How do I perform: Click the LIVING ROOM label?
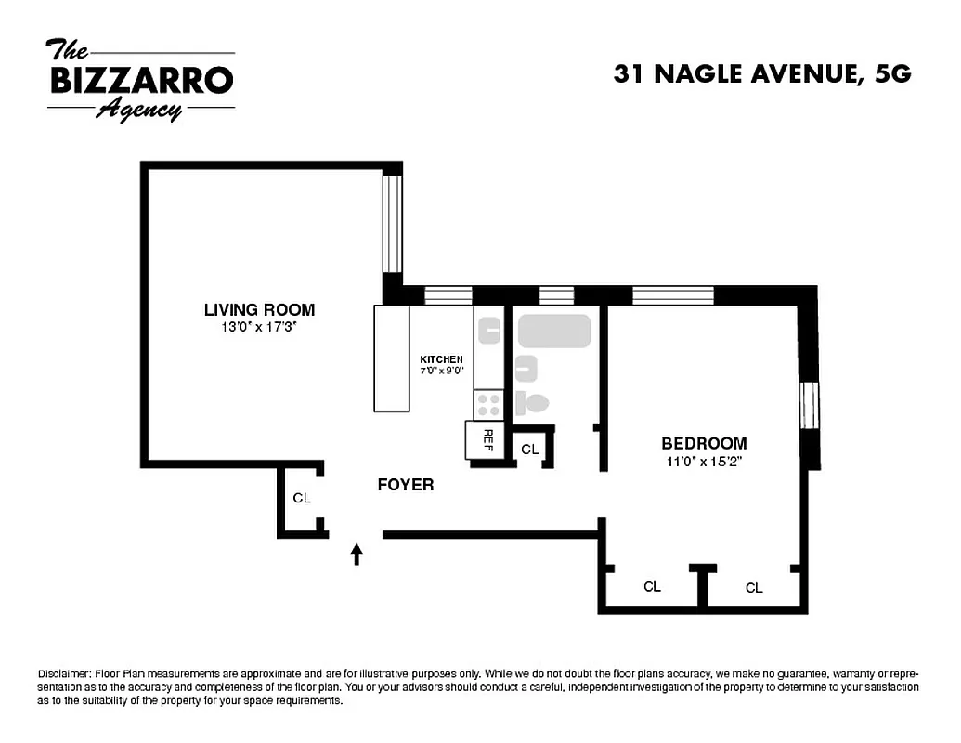[259, 310]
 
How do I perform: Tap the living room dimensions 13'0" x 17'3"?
[259, 327]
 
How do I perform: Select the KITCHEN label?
[441, 359]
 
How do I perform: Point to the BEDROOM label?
[703, 444]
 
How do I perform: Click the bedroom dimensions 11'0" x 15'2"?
[703, 461]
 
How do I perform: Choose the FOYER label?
[406, 485]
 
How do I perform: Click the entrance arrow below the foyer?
[357, 554]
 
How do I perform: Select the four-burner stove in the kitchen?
[488, 404]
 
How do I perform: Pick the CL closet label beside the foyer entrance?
[301, 498]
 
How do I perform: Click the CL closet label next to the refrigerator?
[529, 450]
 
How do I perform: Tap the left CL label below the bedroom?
[653, 587]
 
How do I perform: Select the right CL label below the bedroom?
[754, 588]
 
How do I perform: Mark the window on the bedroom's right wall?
[810, 405]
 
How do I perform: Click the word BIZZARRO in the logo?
[140, 81]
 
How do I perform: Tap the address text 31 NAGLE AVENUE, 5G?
[761, 74]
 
